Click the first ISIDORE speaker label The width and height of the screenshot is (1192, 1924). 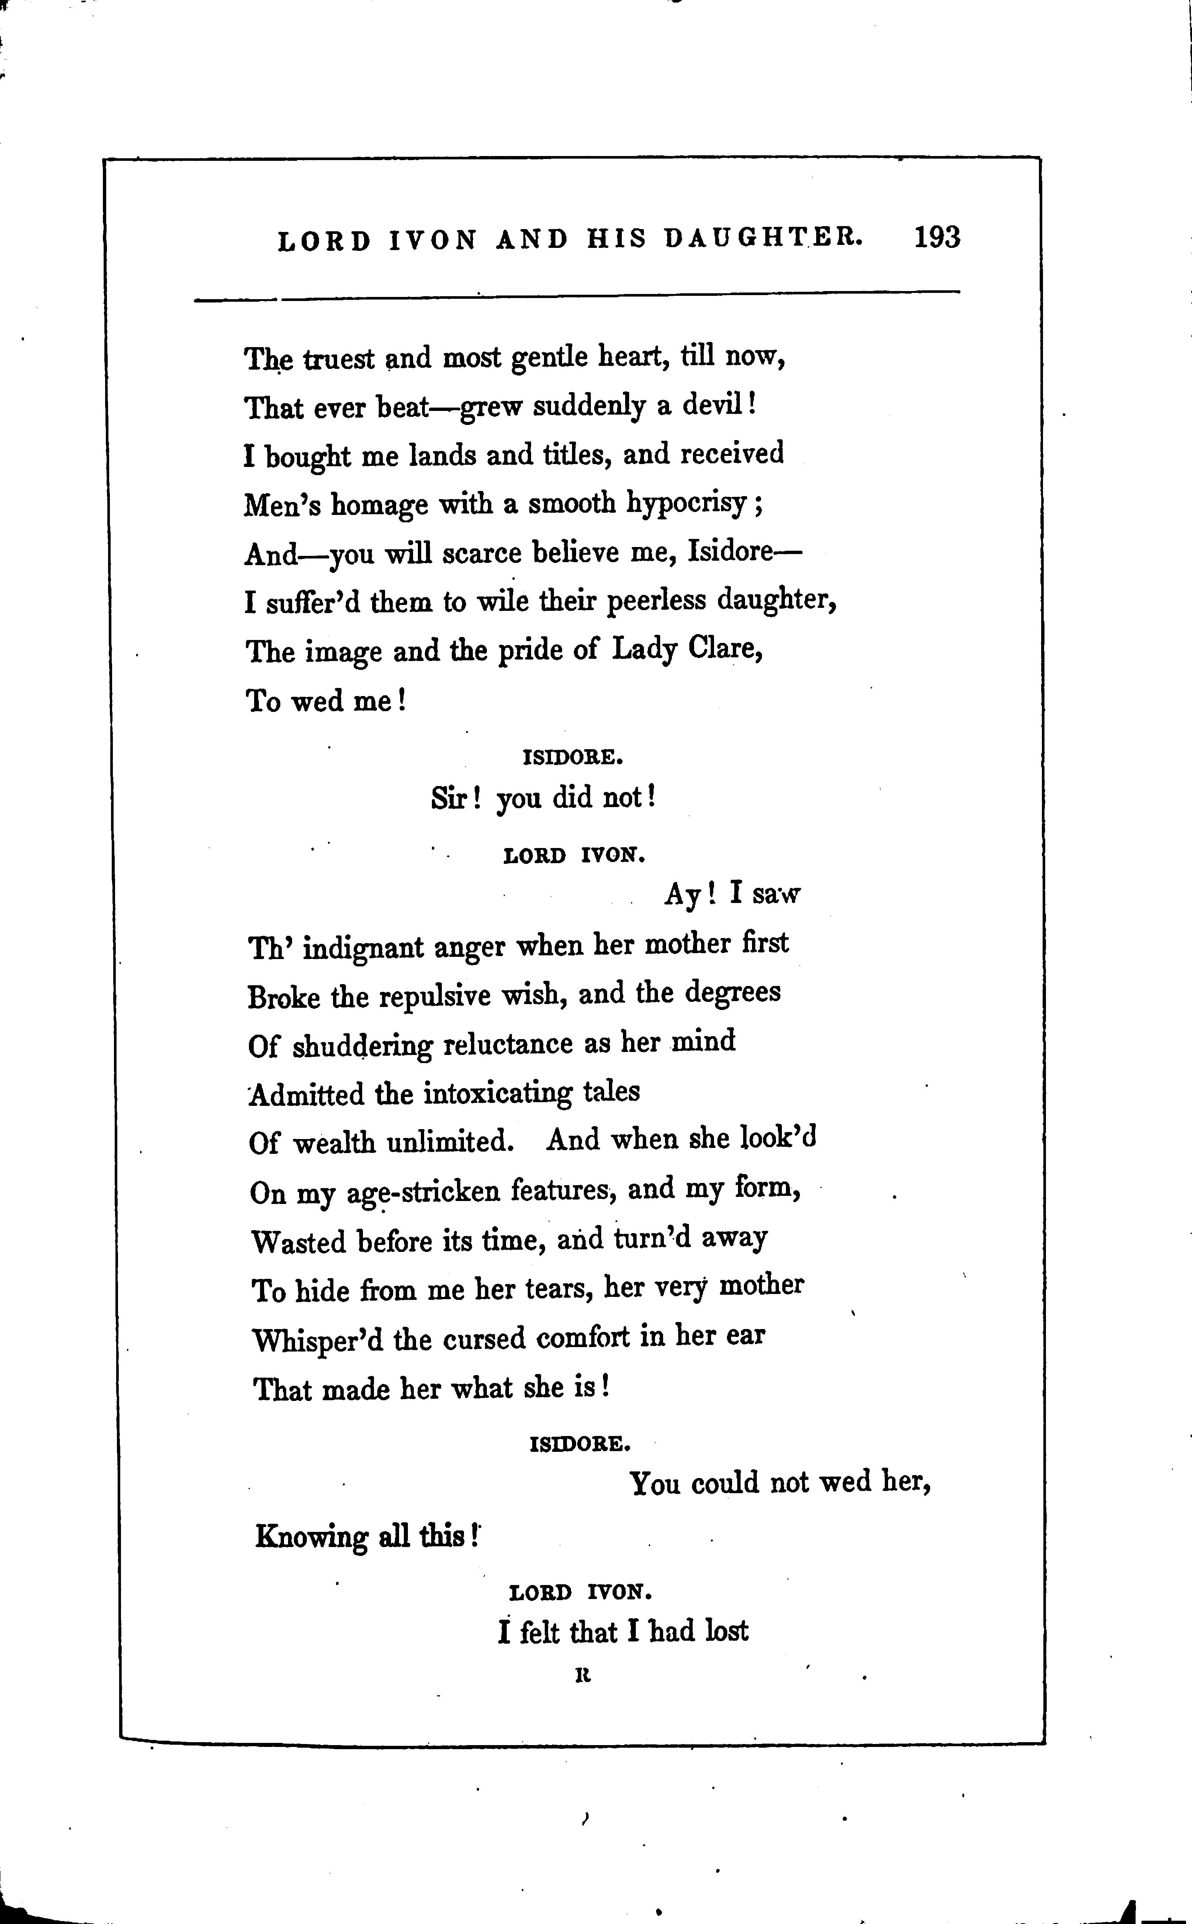pos(573,758)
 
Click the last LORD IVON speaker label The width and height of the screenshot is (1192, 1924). pos(581,1593)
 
